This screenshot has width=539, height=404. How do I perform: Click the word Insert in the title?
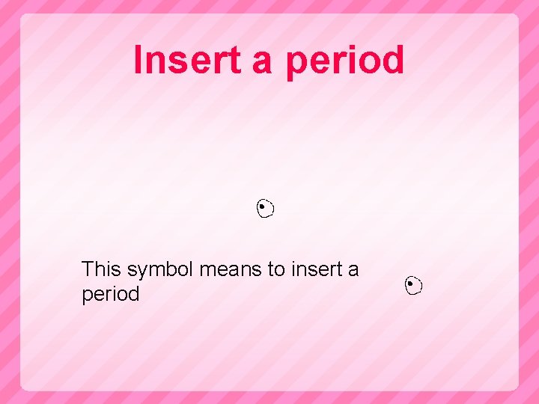[191, 61]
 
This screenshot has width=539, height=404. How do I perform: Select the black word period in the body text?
[111, 295]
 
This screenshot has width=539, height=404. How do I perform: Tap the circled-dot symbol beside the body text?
[413, 285]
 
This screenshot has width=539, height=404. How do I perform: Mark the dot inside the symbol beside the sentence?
[411, 284]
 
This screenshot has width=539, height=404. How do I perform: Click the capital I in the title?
[138, 61]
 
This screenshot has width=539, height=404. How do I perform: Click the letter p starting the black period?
[87, 296]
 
